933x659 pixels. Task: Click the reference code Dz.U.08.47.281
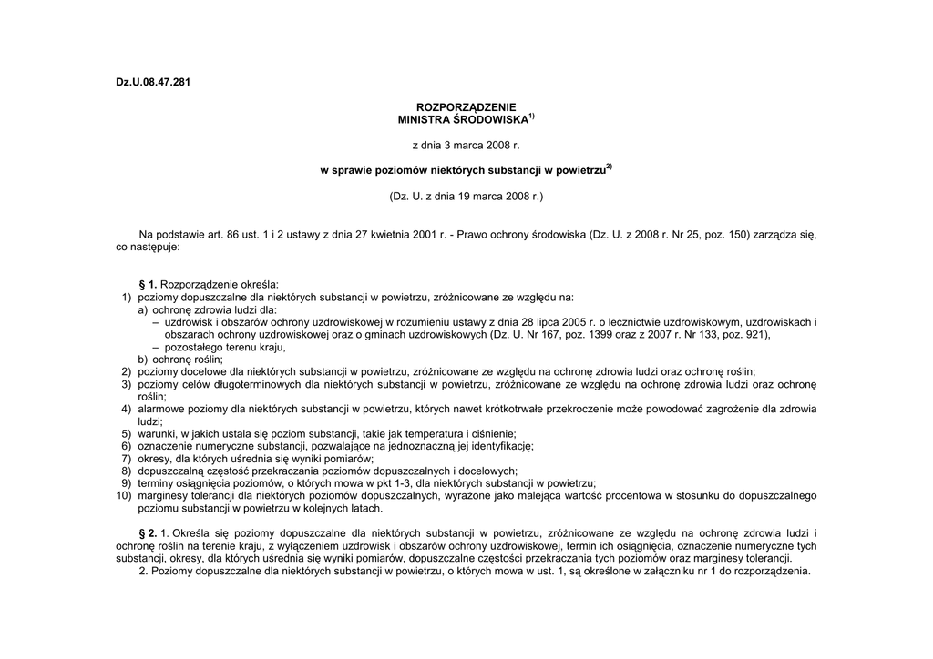(153, 82)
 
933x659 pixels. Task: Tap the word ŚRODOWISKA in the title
(489, 120)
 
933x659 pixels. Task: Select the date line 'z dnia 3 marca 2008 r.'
(466, 145)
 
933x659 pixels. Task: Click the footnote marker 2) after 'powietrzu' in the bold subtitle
(609, 167)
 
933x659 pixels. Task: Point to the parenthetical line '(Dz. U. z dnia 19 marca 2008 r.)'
(466, 196)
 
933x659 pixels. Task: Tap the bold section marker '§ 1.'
(149, 285)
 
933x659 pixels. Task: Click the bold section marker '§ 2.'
(149, 532)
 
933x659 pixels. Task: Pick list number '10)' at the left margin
(124, 496)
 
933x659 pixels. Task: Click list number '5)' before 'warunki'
(126, 434)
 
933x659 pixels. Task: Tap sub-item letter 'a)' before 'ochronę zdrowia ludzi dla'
(144, 310)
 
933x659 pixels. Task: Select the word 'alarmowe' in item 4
(161, 410)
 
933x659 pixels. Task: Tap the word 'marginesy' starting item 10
(163, 496)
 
